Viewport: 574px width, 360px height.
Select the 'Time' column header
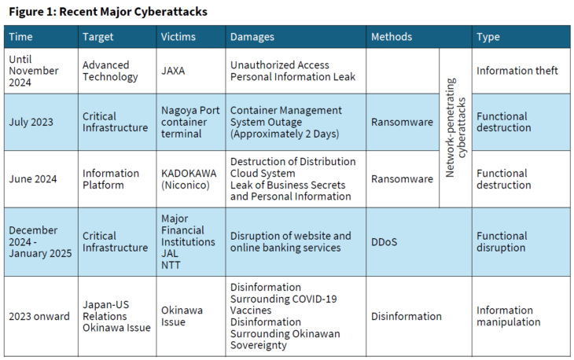(21, 37)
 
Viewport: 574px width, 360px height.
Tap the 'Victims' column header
(178, 37)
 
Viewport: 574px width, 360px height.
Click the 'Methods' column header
(392, 37)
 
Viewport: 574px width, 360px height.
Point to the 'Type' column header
(488, 37)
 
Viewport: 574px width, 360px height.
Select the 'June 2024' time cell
(33, 179)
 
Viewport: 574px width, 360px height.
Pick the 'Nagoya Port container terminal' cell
(190, 123)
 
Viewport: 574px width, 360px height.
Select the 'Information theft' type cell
(517, 71)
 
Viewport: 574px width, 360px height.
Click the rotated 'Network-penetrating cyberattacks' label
(456, 128)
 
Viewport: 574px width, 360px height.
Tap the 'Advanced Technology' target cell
(110, 71)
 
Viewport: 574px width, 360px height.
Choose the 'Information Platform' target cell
(110, 179)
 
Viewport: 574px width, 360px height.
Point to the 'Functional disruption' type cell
(502, 242)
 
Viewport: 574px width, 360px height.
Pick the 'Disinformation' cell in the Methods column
(406, 316)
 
